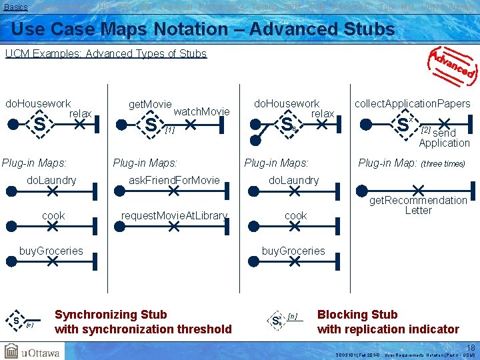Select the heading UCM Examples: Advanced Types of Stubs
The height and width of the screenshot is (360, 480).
point(106,53)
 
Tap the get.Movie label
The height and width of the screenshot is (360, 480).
point(150,105)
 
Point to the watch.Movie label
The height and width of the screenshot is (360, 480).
point(201,111)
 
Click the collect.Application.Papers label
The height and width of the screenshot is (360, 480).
point(413,103)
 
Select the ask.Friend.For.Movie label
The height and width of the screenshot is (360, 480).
point(174,180)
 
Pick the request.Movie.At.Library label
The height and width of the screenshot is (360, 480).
point(174,215)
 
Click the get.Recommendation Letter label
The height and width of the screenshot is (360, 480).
point(419,205)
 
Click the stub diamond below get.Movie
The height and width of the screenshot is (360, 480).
point(151,125)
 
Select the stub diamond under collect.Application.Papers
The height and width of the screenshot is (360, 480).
point(403,124)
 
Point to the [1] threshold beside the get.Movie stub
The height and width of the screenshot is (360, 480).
point(169,131)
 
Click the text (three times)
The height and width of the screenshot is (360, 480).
point(443,164)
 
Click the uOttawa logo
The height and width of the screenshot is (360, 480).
point(33,351)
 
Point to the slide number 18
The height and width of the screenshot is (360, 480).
point(471,348)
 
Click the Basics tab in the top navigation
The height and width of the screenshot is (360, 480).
point(16,6)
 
